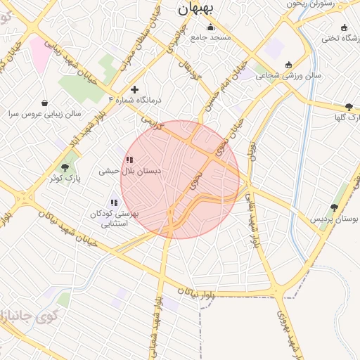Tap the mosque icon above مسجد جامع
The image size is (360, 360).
click(x=210, y=27)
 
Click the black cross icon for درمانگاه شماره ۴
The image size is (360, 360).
click(x=134, y=89)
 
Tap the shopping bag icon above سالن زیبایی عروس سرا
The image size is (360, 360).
click(x=45, y=103)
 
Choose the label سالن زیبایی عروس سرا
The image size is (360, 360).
click(x=45, y=113)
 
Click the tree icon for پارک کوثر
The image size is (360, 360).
click(x=65, y=167)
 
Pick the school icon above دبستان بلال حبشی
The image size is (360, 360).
click(x=129, y=160)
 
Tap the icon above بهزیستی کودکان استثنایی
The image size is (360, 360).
click(x=114, y=203)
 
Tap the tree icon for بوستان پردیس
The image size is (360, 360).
click(x=333, y=208)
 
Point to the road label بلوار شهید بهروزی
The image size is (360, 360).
click(x=288, y=331)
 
